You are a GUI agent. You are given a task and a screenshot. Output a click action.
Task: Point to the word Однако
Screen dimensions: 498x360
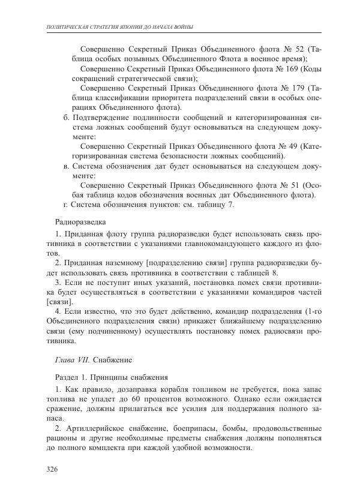tap(250, 400)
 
